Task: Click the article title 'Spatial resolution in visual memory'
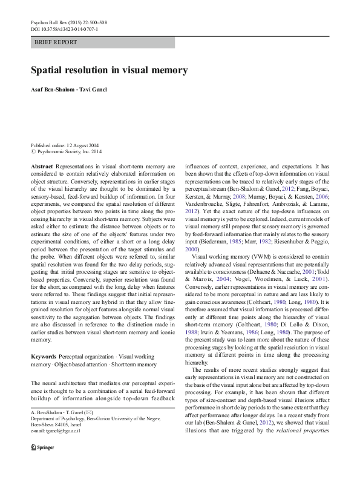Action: (109, 70)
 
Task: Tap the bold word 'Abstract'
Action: (42, 166)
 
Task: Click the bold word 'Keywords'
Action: (44, 357)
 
